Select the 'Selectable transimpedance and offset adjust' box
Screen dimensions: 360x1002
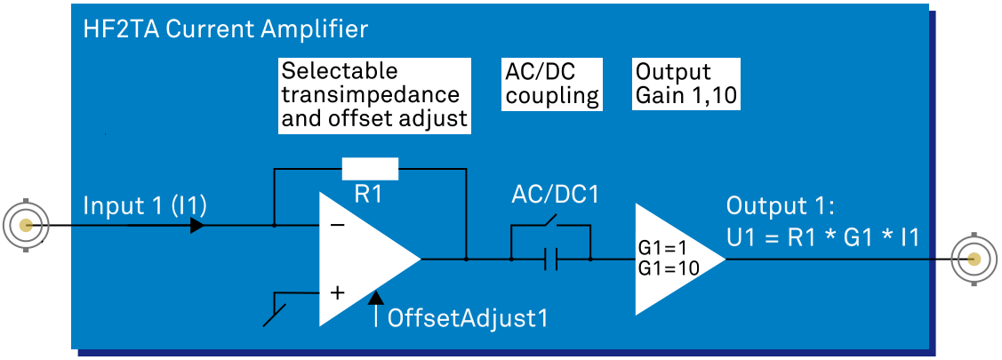pos(373,95)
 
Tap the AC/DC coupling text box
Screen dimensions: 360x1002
pos(552,84)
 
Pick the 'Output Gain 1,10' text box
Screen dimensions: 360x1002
pos(686,84)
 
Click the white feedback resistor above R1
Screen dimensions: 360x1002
pos(370,168)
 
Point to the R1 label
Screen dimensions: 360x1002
pos(368,195)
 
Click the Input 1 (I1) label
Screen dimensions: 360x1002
pos(145,206)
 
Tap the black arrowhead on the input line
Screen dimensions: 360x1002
pos(197,226)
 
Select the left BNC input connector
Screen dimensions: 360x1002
pos(27,225)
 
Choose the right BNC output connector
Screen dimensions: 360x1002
pos(974,260)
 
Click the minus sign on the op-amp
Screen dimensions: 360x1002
pos(338,226)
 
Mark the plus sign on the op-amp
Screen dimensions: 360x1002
pos(338,292)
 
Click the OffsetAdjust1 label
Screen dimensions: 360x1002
pos(468,317)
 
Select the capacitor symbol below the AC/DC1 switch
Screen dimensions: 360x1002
pos(551,260)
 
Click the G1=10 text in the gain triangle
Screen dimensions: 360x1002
pos(669,268)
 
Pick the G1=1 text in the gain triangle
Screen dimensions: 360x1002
pos(664,249)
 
